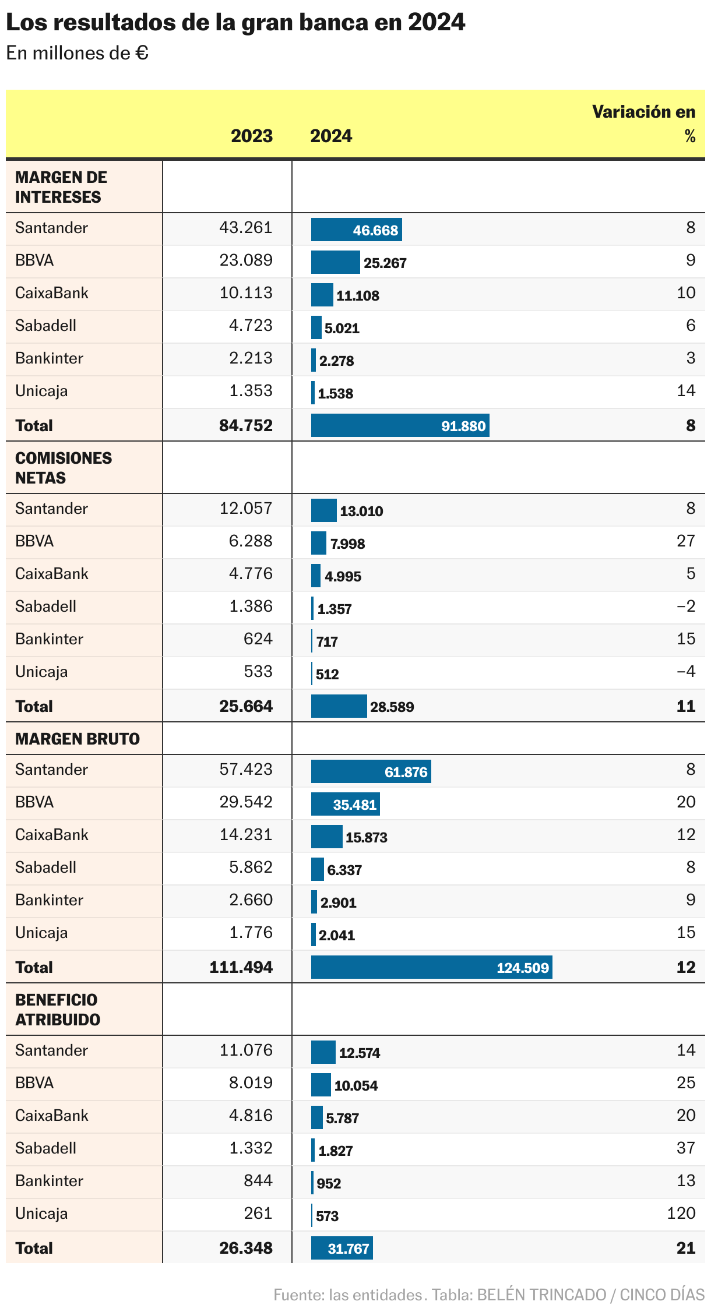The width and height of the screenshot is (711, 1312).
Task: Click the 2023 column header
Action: coord(251,136)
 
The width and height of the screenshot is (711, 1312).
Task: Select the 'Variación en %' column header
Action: coord(643,124)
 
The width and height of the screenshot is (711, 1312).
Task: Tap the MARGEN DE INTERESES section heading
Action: coord(61,187)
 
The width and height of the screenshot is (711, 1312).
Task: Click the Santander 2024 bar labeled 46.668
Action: coord(356,230)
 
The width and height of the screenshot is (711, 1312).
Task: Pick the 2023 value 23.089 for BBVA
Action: coord(246,260)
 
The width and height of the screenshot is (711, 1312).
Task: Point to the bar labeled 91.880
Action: coord(400,425)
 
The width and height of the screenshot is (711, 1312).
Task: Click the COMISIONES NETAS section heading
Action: coord(63,468)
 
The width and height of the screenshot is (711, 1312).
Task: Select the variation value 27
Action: coord(686,541)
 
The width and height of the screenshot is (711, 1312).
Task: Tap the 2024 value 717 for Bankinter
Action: coord(327,641)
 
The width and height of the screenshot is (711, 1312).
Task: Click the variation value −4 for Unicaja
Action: coord(686,672)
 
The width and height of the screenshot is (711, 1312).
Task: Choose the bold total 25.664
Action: coord(246,706)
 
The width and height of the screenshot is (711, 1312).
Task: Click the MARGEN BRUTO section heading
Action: coord(78,739)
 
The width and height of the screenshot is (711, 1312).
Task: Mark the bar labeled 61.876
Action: coord(371,772)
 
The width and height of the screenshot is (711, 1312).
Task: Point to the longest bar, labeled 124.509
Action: coord(431,968)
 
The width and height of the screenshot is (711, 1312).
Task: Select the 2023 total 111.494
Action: coord(241,967)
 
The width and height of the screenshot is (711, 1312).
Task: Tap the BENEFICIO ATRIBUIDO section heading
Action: coord(57,1010)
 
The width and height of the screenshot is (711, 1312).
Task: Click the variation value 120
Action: coord(681,1214)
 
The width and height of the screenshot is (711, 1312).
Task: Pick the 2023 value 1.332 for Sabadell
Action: coord(251,1148)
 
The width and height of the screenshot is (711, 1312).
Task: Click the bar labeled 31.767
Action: coord(342,1248)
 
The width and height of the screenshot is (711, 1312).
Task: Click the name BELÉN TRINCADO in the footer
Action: coord(541,1295)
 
